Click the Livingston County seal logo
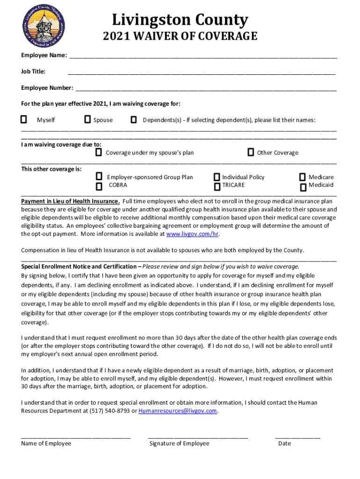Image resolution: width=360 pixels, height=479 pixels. click(43, 28)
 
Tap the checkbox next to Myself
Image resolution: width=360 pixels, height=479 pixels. click(23, 120)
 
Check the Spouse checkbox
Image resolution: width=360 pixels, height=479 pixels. click(87, 120)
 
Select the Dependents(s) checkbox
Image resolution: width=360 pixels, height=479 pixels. click(134, 120)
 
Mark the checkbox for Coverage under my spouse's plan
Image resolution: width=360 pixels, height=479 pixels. click(99, 152)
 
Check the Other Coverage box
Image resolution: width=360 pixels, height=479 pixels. click(251, 152)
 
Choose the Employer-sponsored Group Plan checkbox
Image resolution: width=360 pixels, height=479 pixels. click(99, 176)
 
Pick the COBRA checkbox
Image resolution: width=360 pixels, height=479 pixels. click(99, 187)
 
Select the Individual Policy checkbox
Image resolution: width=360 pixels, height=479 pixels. click(217, 177)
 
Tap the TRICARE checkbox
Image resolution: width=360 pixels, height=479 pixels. click(217, 187)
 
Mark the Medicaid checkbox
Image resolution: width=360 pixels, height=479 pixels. click(303, 186)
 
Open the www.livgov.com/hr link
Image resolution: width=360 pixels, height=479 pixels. click(193, 234)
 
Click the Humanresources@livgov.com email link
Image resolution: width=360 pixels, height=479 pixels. click(178, 411)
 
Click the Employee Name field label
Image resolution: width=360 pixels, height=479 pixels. click(43, 56)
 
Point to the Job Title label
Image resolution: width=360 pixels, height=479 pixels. click(33, 72)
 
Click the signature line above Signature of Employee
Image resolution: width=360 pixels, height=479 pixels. click(198, 437)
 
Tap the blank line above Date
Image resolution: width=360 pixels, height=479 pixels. click(297, 437)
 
